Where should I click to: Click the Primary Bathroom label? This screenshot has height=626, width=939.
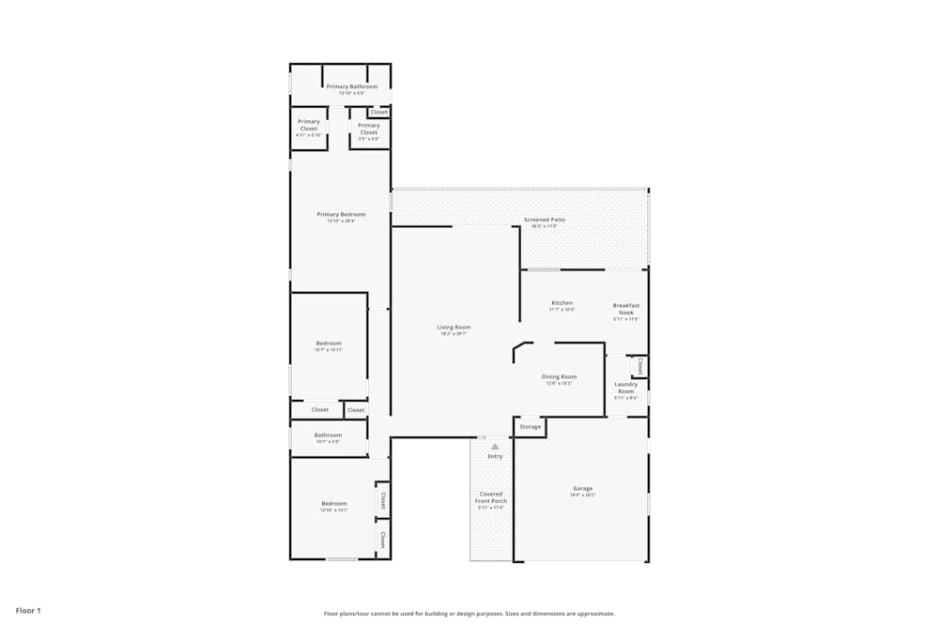pos(352,86)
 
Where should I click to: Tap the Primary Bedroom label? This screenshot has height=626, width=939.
pos(341,214)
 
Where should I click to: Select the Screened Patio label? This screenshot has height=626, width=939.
pos(545,220)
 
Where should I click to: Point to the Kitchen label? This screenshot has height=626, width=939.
pos(562,303)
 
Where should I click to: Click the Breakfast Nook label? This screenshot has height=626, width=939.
pos(626,309)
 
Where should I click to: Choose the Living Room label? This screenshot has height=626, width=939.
pos(454,328)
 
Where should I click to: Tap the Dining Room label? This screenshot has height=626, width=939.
pos(560,376)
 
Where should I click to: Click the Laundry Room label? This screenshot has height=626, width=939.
pos(626,387)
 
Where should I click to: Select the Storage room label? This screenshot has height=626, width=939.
pos(531,427)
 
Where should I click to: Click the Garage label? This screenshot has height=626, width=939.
pos(583,488)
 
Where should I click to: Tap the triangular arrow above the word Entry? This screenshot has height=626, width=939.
pos(495,447)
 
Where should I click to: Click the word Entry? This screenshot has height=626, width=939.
pos(495,456)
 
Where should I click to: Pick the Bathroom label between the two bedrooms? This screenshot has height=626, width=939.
pos(328,435)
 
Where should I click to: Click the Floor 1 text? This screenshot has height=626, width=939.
pos(28,610)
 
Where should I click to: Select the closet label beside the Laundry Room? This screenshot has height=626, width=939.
pos(640,365)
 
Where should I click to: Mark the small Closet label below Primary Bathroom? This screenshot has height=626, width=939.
pos(379,112)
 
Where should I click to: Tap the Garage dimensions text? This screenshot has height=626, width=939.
pos(583,495)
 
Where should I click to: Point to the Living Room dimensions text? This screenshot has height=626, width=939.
pos(454,333)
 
